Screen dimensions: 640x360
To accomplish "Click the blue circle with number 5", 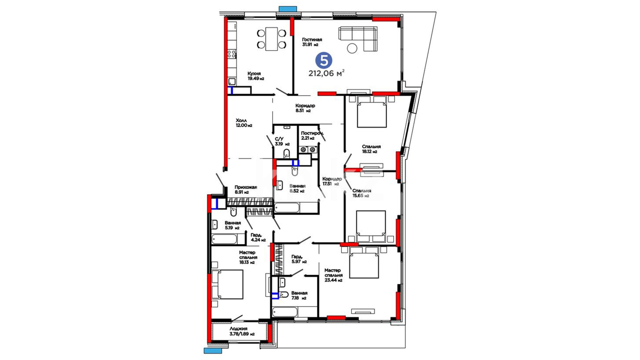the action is point(324,61).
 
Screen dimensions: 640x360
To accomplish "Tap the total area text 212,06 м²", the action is point(326,73).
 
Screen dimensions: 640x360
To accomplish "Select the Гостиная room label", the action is point(312,40).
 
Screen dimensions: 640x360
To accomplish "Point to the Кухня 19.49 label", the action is point(256,76).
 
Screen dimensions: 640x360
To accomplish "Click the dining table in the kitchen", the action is point(272,39).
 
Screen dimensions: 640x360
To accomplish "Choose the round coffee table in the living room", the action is point(352,48).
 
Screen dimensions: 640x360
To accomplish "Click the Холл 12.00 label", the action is point(244,123).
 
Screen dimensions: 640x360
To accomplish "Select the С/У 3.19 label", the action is point(282,141).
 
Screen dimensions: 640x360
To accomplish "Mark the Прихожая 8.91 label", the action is point(246,190).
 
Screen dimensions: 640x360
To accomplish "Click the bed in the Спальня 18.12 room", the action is point(372,112).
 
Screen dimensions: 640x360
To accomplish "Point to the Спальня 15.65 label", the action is point(362,193).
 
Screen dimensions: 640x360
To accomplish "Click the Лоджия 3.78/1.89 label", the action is point(242,331).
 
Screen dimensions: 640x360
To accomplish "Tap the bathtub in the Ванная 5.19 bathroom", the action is point(224,239).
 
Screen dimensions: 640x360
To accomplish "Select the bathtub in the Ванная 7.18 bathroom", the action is point(285,312).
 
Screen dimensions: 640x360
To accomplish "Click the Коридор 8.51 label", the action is point(305,108).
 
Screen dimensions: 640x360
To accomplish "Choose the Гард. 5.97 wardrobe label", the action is point(299,259).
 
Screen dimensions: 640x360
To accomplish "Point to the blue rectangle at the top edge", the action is point(288,9).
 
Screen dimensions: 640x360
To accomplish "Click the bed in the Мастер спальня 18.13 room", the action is point(227,284).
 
